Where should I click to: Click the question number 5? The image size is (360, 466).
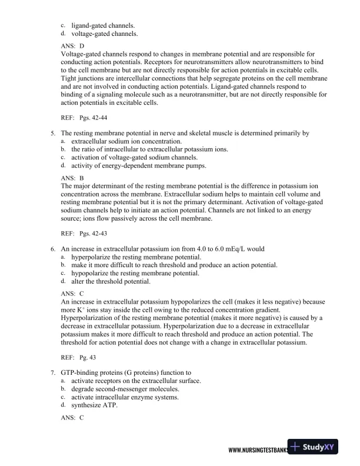click(x=53, y=133)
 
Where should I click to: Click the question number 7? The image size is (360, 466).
click(x=53, y=372)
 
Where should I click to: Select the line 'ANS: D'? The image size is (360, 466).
click(x=72, y=45)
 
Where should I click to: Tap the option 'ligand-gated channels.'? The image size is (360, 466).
click(x=103, y=26)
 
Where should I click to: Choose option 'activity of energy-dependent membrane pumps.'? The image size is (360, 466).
click(x=139, y=167)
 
